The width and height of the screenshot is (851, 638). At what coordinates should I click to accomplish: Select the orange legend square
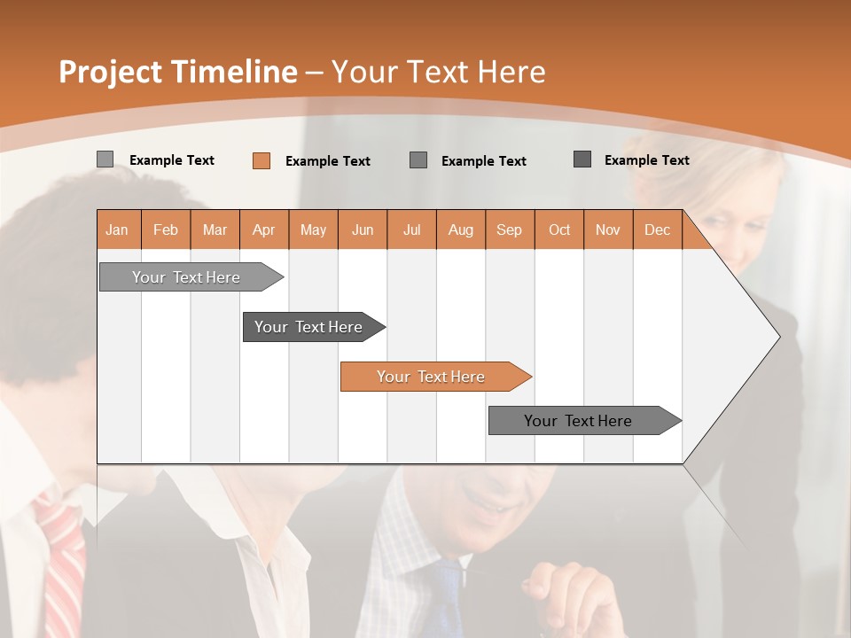[x=262, y=160]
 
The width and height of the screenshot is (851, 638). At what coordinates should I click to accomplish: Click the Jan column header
[x=117, y=230]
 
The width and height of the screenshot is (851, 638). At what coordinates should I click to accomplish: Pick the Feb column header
[x=166, y=230]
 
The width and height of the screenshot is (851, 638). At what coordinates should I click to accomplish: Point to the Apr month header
[x=264, y=230]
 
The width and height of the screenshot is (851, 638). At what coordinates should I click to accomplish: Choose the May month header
[x=313, y=230]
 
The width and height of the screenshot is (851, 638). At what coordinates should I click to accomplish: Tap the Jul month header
[x=411, y=230]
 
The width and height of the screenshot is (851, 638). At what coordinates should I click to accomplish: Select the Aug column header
[x=461, y=230]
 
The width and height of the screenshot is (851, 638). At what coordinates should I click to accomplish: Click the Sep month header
[x=510, y=230]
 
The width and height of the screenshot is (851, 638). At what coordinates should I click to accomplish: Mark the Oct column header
[x=559, y=230]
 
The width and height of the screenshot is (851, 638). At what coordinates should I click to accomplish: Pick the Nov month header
[x=608, y=230]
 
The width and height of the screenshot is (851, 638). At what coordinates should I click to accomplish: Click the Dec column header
[x=657, y=230]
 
